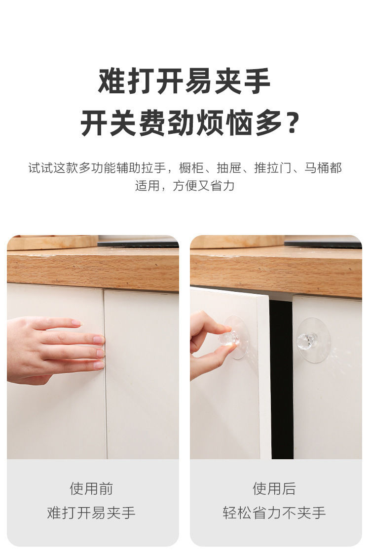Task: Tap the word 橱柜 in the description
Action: (191, 168)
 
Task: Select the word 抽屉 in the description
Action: (229, 168)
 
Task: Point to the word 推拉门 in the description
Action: (273, 168)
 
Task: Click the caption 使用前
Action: (91, 488)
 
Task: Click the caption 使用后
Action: (274, 488)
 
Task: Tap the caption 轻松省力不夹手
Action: (274, 513)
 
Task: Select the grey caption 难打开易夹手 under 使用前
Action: (91, 513)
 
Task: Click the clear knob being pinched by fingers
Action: (229, 338)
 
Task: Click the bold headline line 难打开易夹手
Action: (185, 81)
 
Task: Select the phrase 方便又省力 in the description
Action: (204, 186)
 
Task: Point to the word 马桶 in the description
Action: (317, 168)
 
